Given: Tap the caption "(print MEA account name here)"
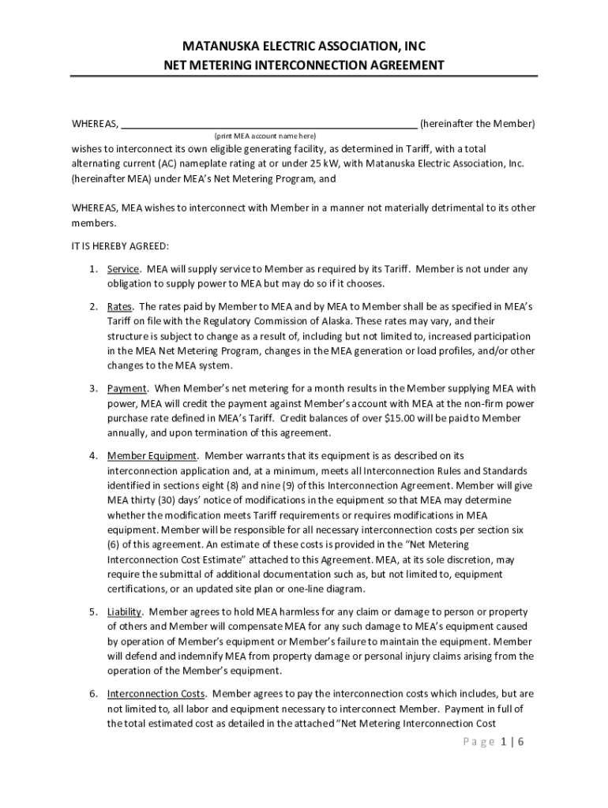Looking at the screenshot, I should (265, 136).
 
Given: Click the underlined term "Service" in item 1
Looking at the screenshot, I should (124, 269).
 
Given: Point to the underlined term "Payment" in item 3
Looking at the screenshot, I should (127, 388).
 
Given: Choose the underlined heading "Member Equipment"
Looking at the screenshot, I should (152, 455).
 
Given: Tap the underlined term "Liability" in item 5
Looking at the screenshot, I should (125, 612).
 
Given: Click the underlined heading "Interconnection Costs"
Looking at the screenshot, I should (156, 694).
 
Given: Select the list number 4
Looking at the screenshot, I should (93, 455).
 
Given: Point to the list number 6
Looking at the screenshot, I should (93, 694).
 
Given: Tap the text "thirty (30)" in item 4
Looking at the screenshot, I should (155, 500).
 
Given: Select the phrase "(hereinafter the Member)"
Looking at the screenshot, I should (478, 124).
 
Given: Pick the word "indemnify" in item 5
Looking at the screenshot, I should (195, 656).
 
